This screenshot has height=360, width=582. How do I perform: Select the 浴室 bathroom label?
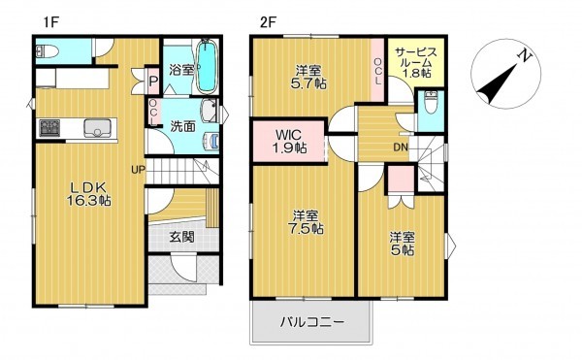click(x=182, y=71)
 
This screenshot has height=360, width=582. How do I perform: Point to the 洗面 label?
click(x=183, y=126)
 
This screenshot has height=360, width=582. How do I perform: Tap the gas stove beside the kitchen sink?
click(x=48, y=127)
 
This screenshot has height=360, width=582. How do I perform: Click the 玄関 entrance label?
click(x=181, y=236)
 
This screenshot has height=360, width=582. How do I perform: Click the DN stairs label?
click(x=400, y=147)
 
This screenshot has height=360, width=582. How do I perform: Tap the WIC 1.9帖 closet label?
click(x=288, y=141)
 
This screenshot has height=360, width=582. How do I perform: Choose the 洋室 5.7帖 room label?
click(x=310, y=77)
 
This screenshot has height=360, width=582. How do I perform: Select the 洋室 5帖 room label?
click(x=403, y=244)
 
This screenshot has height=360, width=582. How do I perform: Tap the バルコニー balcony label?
click(x=313, y=320)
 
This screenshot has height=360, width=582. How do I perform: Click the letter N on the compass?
click(x=524, y=55)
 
